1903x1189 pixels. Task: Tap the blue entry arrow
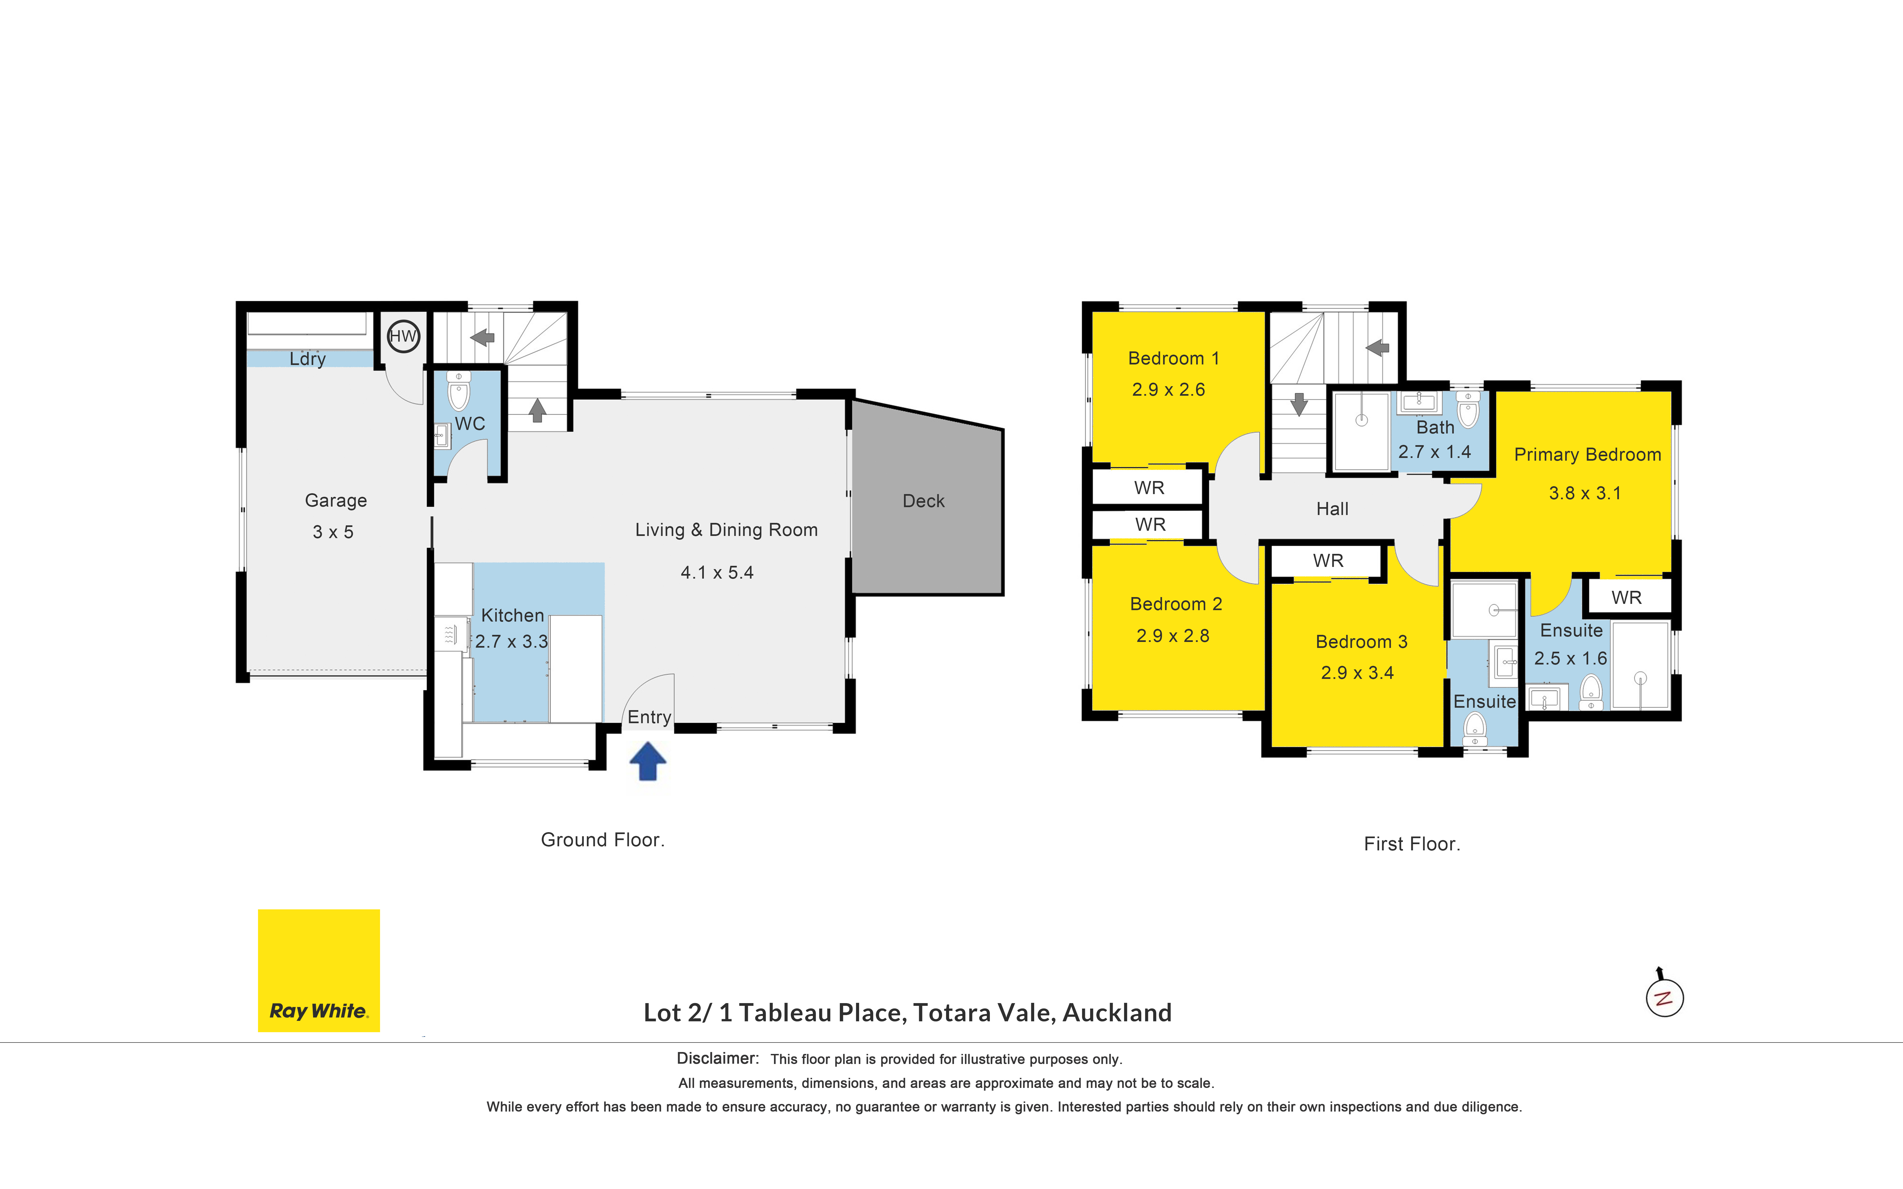[x=648, y=761]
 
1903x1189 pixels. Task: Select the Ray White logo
[x=318, y=970]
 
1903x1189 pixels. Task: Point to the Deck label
[x=923, y=501]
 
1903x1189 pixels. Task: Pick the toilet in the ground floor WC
[x=458, y=391]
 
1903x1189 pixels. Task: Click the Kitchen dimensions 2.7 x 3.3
[x=511, y=642]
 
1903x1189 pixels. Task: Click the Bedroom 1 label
[x=1173, y=358]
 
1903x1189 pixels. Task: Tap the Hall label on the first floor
[x=1332, y=509]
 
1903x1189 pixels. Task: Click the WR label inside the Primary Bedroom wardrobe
[x=1626, y=598]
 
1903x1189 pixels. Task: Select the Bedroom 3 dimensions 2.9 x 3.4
[x=1357, y=673]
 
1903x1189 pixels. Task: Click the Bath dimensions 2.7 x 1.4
[x=1434, y=452]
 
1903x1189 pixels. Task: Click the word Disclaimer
[x=717, y=1059]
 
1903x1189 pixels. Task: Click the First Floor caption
[x=1411, y=844]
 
